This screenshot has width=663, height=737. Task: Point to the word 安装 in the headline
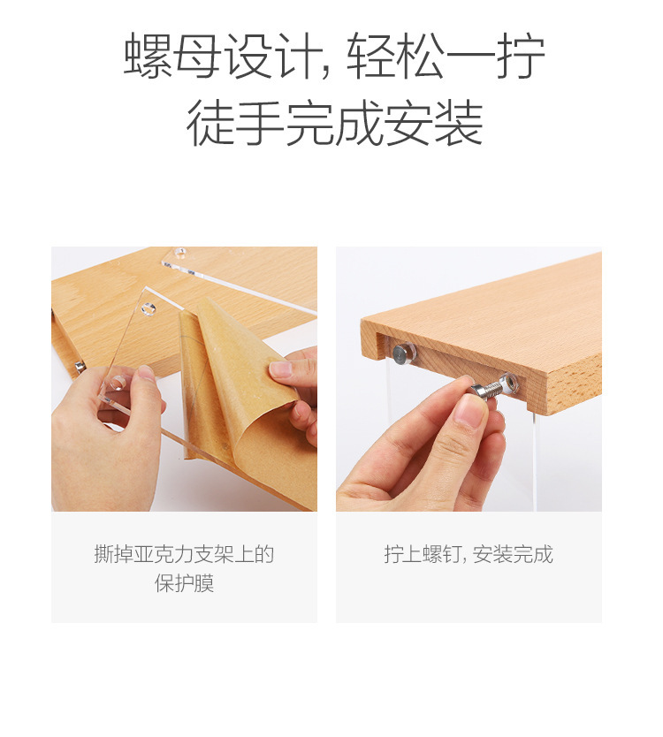(434, 124)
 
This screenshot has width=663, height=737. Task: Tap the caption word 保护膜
(184, 583)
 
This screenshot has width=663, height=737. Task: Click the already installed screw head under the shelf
(401, 354)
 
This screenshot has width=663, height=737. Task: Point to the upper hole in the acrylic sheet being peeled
(149, 309)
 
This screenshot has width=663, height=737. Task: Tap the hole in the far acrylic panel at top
(181, 252)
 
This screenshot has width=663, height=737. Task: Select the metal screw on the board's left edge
(80, 366)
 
